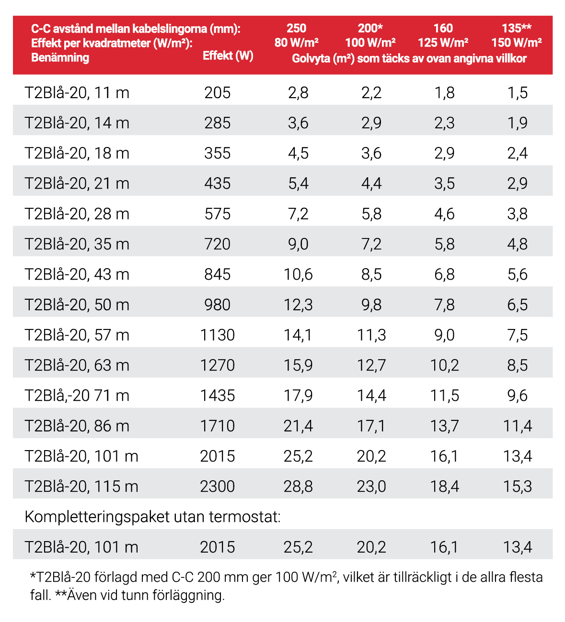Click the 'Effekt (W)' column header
(228, 56)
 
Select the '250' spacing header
(296, 28)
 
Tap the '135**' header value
(516, 28)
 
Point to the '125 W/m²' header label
(443, 43)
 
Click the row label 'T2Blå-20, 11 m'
(77, 92)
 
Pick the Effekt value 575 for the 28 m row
(218, 214)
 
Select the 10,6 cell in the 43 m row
(298, 274)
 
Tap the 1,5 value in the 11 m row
(518, 92)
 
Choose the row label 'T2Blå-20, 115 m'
(81, 486)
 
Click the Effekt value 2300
(218, 486)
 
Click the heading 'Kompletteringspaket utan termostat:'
(152, 517)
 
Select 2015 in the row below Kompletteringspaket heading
(218, 547)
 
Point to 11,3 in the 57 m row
(371, 335)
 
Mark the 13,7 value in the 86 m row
(444, 426)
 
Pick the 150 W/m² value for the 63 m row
(518, 365)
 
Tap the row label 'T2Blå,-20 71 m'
(77, 396)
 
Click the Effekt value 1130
(218, 335)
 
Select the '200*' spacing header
(370, 28)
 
